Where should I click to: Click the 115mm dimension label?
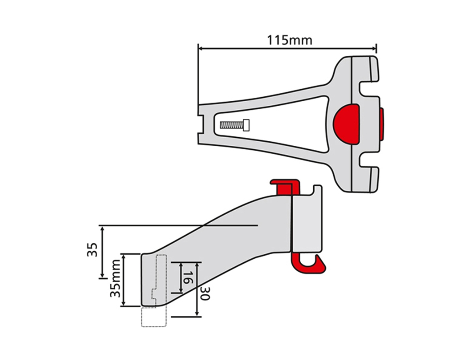[290, 40]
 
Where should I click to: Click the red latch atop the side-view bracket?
[284, 185]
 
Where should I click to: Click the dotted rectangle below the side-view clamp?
[153, 318]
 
